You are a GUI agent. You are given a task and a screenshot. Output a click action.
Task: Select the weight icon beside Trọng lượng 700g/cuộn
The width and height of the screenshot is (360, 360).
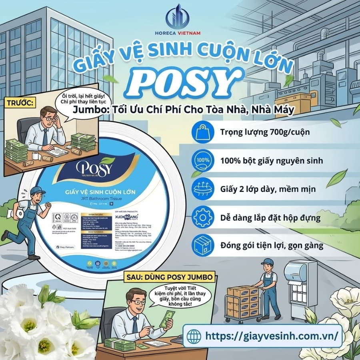[202, 132]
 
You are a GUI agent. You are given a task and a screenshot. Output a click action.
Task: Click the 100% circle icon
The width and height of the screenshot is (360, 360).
[202, 161]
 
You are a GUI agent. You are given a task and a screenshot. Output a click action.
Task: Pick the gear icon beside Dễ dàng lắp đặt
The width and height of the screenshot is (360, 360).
[202, 218]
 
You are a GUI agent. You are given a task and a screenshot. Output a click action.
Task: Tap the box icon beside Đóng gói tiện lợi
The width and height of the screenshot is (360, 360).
[202, 245]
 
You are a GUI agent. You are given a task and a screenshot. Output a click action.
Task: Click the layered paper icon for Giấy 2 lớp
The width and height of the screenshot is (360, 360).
[202, 189]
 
